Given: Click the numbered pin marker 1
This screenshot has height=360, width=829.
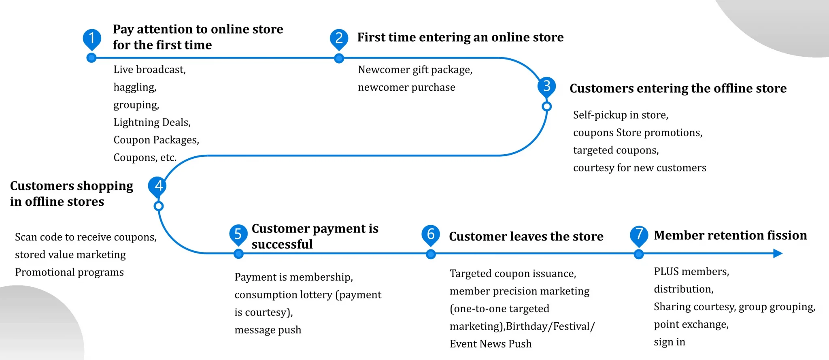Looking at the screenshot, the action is tap(92, 39).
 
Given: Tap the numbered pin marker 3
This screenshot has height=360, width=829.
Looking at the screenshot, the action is tap(547, 86).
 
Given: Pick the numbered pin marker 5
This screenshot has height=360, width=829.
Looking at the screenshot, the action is tap(238, 234).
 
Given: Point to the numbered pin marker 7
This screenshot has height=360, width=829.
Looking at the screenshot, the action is tap(639, 235).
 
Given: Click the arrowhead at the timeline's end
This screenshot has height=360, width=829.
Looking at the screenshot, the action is tap(778, 253).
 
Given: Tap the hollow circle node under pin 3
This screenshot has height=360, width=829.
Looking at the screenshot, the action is tap(546, 107).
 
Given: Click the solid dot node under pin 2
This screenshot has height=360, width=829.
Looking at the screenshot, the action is tap(339, 58).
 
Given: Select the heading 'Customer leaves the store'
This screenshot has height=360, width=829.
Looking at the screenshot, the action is tap(526, 236).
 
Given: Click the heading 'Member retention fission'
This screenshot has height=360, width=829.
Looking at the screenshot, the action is tap(730, 235).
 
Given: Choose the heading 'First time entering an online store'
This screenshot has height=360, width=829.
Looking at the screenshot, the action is tap(460, 37).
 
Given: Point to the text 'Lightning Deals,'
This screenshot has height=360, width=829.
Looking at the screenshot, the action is tap(152, 122).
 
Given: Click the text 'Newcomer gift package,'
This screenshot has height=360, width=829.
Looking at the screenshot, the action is tap(415, 70).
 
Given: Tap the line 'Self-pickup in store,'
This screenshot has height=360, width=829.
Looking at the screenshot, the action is tap(621, 115).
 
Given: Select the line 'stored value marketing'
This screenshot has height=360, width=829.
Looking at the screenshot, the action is tap(70, 255).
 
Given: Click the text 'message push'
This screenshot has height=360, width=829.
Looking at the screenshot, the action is tap(268, 330).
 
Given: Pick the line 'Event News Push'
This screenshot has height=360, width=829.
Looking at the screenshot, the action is tap(491, 344).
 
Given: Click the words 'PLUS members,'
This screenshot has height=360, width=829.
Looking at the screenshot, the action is tap(691, 272).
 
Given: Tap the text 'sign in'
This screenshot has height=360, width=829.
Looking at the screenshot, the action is tap(670, 342).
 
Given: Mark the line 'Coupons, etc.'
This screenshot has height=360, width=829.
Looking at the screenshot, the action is tap(145, 158).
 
